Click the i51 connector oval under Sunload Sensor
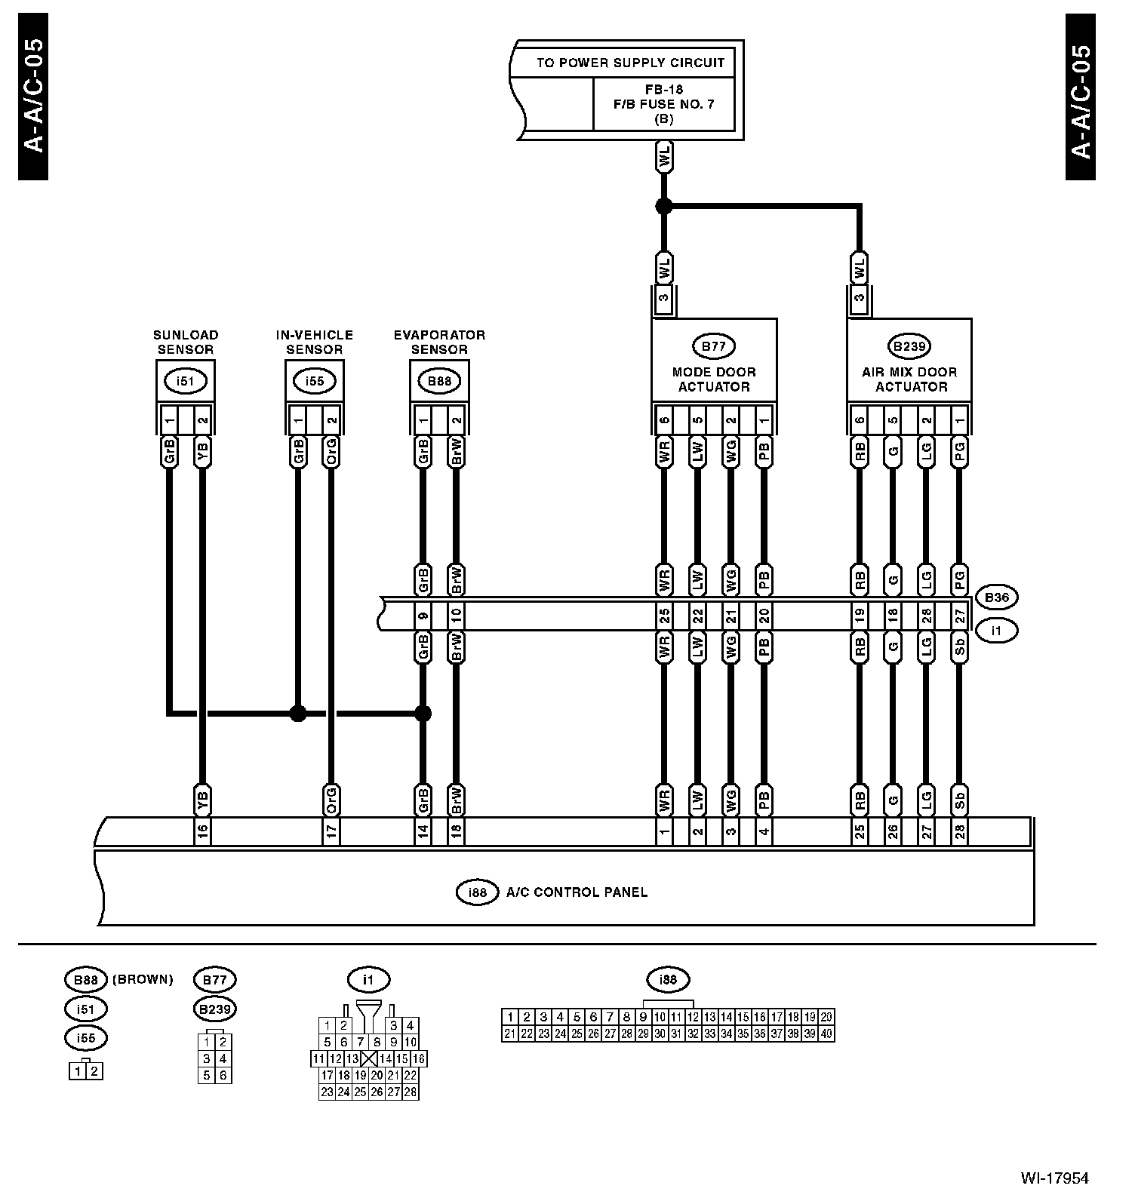click(x=185, y=381)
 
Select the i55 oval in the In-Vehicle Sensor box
click(x=314, y=381)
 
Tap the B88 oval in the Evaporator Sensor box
click(x=439, y=381)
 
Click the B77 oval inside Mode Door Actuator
click(x=713, y=347)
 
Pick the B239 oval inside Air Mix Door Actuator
click(x=909, y=347)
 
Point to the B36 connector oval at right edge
click(x=996, y=597)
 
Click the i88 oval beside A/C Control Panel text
click(x=478, y=892)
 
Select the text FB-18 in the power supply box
click(x=663, y=88)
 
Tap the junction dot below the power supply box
click(x=663, y=205)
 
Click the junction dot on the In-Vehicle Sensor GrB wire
click(x=298, y=713)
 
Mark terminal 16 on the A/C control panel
click(x=202, y=832)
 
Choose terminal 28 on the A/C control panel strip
click(x=959, y=832)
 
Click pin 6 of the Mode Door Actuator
click(x=664, y=420)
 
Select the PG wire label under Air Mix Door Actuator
click(x=959, y=453)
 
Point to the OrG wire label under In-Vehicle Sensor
click(x=331, y=453)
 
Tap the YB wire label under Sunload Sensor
click(x=201, y=453)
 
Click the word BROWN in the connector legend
click(x=143, y=980)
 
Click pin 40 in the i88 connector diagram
click(x=826, y=1034)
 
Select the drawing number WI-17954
click(x=1054, y=1178)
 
